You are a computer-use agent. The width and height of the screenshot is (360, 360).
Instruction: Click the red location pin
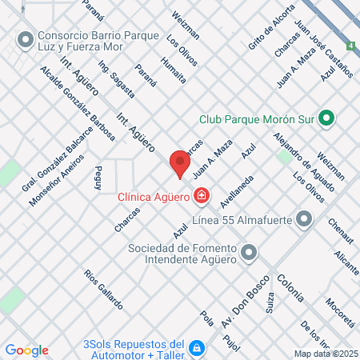180,164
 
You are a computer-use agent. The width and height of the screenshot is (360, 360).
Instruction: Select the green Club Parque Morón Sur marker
326,119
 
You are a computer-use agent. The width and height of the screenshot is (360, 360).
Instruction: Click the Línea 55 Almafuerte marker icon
303,218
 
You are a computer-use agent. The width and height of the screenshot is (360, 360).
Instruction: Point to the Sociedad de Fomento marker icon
249,253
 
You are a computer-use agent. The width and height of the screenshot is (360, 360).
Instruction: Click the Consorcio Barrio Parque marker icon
26,38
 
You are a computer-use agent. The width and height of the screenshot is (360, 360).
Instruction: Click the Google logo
26,350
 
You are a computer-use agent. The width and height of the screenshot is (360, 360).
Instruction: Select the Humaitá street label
173,70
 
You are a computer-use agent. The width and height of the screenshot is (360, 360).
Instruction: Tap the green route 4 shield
351,47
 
